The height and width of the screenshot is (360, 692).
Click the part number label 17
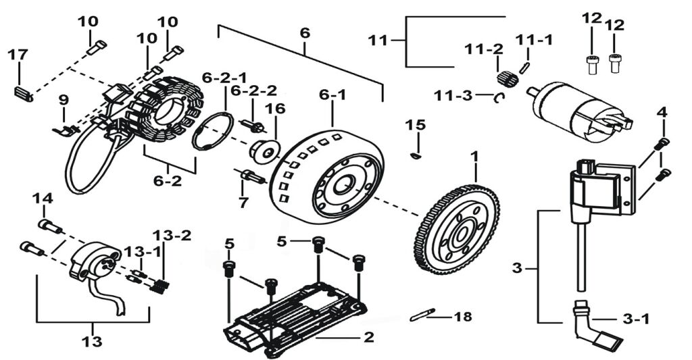[x=18, y=55]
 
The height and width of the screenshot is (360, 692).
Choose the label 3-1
[x=635, y=318]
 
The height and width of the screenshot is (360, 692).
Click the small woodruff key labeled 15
[x=416, y=156]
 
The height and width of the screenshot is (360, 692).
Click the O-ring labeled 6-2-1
[x=213, y=131]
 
